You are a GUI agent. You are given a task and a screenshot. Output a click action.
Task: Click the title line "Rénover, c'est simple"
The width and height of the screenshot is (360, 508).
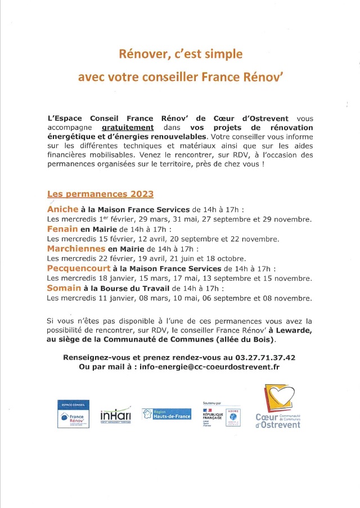point(180,55)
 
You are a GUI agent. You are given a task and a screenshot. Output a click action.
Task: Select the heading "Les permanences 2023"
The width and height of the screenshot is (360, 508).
point(100,194)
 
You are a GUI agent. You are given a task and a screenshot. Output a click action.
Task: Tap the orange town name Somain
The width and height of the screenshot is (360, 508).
point(63,288)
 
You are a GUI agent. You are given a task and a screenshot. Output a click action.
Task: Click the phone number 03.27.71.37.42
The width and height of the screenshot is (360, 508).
point(266,357)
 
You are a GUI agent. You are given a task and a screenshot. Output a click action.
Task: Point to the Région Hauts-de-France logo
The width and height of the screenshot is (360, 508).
point(166,413)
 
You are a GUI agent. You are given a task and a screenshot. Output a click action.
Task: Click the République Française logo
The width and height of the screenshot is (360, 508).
point(213,416)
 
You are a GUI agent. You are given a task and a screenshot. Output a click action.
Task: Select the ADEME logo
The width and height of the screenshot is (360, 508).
point(233,417)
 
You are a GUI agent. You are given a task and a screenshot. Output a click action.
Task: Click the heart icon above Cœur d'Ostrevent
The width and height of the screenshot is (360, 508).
point(279,398)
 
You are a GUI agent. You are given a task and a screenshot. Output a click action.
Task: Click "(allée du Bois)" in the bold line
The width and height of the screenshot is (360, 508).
point(251,340)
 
